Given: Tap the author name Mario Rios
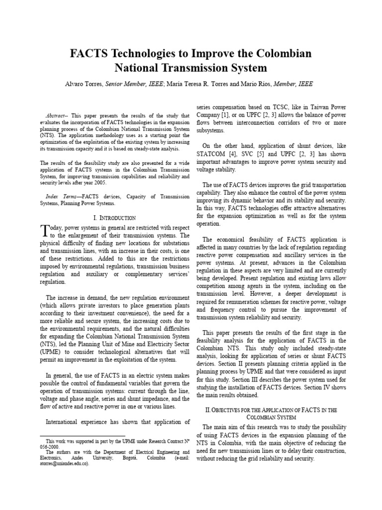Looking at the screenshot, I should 253,84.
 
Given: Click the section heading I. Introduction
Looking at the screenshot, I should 115,218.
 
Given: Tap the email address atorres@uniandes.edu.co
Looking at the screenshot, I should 64,463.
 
